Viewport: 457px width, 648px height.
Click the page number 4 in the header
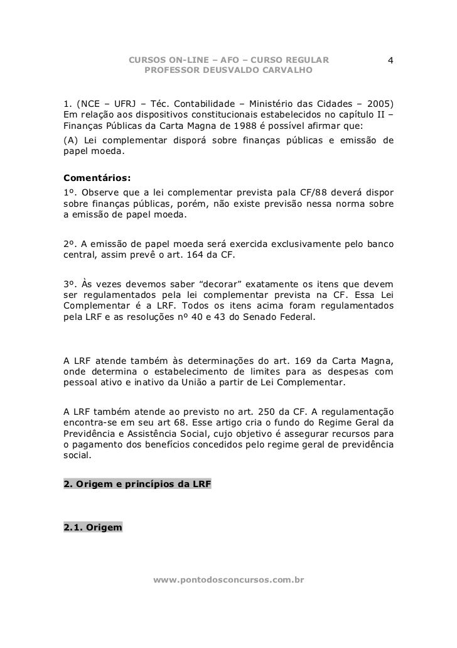(x=390, y=61)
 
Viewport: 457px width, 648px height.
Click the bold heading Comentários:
(x=93, y=180)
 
